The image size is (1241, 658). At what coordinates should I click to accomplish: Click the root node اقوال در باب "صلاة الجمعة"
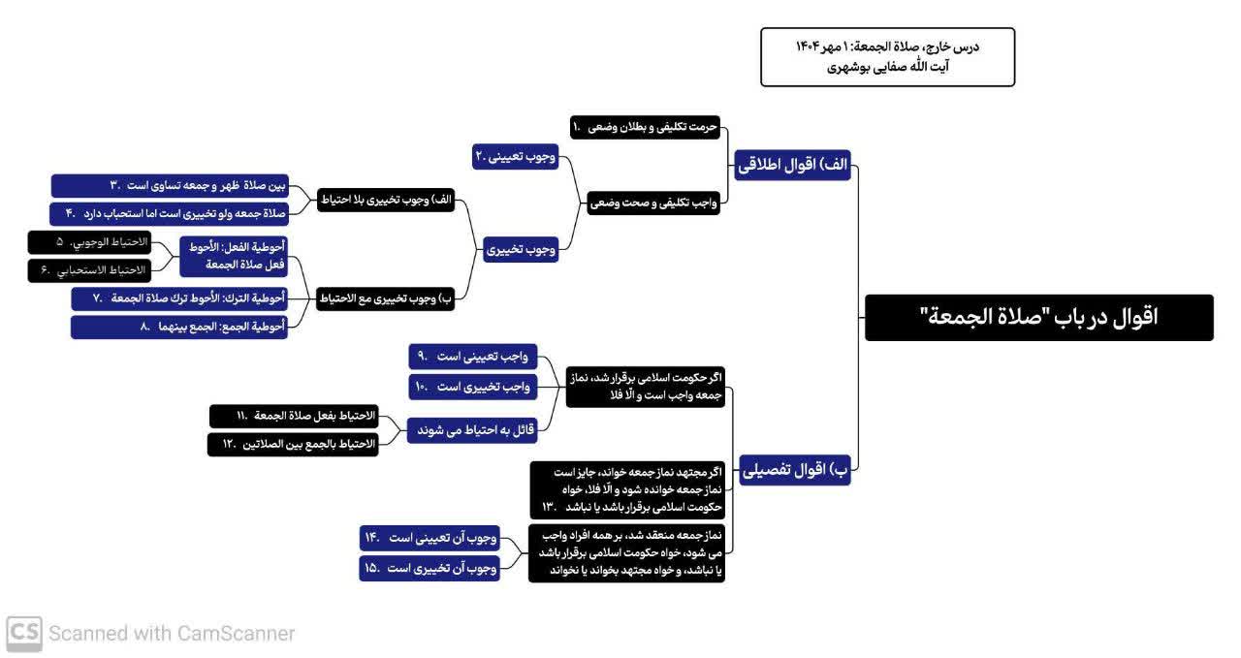tap(1038, 317)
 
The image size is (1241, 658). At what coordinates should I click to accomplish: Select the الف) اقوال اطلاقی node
tap(792, 166)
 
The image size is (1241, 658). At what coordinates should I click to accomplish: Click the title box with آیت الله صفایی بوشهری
tap(887, 57)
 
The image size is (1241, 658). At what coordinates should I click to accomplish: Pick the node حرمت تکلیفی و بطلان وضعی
tap(645, 127)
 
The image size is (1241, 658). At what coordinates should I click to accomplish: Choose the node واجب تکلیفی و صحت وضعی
tap(653, 203)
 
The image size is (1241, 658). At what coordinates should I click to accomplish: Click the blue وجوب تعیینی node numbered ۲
tap(516, 155)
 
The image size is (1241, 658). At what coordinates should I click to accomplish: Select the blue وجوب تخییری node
tap(522, 249)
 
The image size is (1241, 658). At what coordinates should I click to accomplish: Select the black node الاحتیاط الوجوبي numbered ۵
tap(89, 241)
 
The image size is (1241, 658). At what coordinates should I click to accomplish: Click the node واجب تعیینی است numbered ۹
tap(473, 358)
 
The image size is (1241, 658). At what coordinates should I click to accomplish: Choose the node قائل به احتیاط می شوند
tap(472, 429)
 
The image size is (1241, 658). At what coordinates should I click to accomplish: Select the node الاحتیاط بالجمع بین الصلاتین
tap(293, 444)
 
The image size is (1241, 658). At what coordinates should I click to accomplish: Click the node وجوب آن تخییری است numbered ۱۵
tap(430, 569)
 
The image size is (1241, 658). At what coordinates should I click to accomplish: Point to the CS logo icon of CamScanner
tap(24, 633)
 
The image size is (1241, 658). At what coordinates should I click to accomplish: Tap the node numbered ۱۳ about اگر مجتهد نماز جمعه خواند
tap(627, 489)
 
